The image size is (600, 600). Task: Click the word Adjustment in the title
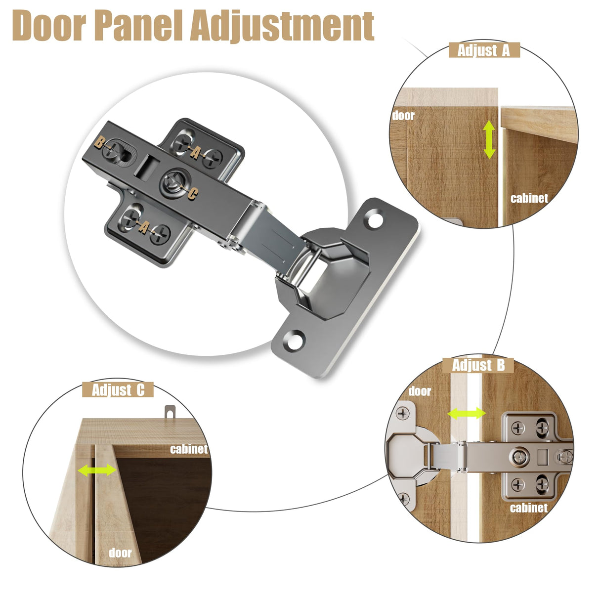pyautogui.click(x=282, y=27)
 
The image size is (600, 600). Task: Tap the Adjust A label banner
pyautogui.click(x=484, y=50)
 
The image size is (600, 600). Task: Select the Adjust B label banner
pyautogui.click(x=478, y=365)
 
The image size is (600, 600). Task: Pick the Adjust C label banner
pyautogui.click(x=118, y=390)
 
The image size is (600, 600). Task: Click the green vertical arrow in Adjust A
pyautogui.click(x=489, y=140)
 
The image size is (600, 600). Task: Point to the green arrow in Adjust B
pyautogui.click(x=467, y=414)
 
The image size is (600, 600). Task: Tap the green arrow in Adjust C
pyautogui.click(x=97, y=470)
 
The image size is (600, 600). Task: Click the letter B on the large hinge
pyautogui.click(x=99, y=143)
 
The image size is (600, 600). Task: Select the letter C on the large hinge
pyautogui.click(x=193, y=194)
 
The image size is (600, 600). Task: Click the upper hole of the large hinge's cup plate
pyautogui.click(x=375, y=220)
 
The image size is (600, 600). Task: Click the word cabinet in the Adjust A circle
pyautogui.click(x=529, y=198)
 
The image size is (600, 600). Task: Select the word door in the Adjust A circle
pyautogui.click(x=403, y=116)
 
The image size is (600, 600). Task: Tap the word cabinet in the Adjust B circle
pyautogui.click(x=529, y=508)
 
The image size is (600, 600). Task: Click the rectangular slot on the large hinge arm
pyautogui.click(x=148, y=167)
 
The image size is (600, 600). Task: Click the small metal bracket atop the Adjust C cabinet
pyautogui.click(x=170, y=412)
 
